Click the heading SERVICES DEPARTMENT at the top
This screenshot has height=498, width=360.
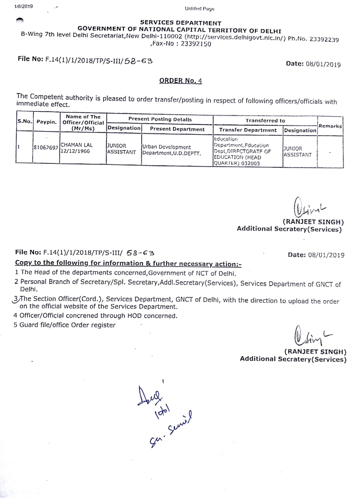(x=180, y=23)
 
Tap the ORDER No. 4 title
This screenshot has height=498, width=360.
(x=180, y=81)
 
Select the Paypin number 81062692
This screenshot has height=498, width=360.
(x=46, y=147)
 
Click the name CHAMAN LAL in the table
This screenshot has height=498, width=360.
(x=77, y=145)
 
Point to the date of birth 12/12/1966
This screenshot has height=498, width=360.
(x=75, y=151)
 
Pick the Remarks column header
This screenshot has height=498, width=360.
(x=330, y=126)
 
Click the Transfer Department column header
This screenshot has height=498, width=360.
(x=248, y=130)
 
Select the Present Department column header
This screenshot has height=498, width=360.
(x=177, y=129)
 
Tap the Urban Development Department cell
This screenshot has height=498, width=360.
(x=171, y=150)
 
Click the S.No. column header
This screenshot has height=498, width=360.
(x=25, y=121)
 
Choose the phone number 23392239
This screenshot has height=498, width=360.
(x=324, y=39)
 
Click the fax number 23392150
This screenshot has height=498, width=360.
(x=196, y=44)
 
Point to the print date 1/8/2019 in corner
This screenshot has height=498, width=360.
(x=24, y=6)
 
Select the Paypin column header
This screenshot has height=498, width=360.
(x=46, y=122)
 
